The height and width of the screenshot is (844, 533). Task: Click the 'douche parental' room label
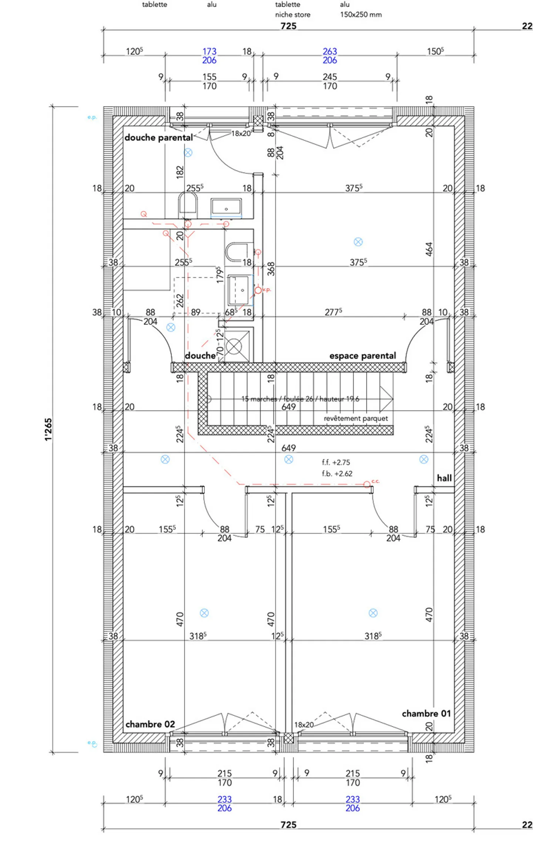[158, 138]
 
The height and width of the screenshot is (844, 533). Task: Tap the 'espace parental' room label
[362, 356]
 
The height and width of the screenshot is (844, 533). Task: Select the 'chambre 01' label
[426, 713]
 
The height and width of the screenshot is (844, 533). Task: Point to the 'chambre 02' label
[150, 724]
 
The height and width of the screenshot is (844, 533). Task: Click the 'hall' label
[444, 478]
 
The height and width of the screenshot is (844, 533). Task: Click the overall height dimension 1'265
[48, 429]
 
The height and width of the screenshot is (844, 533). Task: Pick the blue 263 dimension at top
[329, 51]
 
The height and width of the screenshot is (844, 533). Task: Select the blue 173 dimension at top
[209, 51]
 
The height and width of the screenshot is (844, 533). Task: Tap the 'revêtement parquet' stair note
[356, 418]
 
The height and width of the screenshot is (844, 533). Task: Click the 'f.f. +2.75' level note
[336, 463]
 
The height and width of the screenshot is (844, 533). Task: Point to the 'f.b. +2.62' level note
[337, 474]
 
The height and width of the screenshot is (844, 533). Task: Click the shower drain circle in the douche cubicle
[234, 347]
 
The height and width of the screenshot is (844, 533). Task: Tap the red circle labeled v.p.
[258, 290]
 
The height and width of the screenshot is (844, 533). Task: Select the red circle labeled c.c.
[367, 484]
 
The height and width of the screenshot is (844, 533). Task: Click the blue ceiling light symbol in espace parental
[358, 242]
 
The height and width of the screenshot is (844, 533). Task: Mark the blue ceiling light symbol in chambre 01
[373, 613]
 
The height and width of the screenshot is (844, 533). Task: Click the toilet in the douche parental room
[188, 205]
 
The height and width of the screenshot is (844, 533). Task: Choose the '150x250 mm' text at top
[361, 15]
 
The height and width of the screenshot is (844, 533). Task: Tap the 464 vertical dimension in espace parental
[429, 249]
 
